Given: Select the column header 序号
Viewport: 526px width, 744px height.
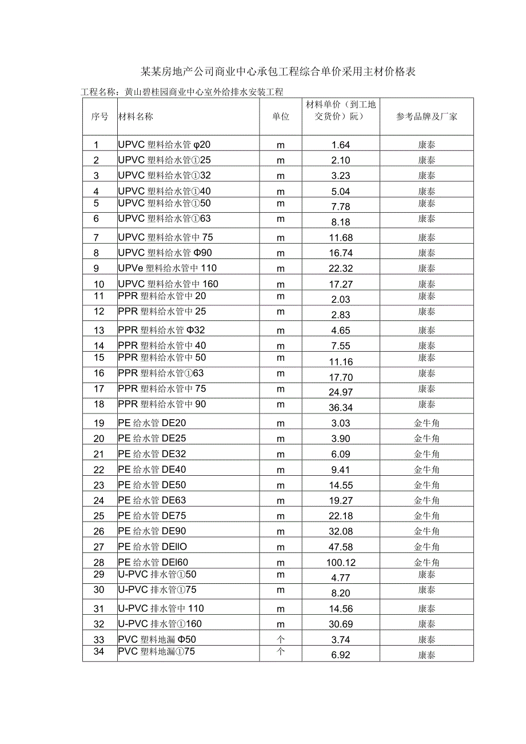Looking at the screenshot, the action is [99, 116].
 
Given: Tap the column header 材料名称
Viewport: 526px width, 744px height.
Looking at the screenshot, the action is [136, 116].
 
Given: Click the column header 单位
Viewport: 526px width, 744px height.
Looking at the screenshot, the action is [281, 116].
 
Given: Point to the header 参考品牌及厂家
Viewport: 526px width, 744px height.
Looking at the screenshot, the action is [427, 116].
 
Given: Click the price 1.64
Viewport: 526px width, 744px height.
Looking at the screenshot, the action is [341, 145].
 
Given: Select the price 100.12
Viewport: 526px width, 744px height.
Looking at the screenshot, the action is [341, 563].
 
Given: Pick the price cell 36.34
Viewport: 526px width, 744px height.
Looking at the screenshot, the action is [341, 408].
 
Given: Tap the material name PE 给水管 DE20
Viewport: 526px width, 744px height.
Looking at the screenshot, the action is [152, 423].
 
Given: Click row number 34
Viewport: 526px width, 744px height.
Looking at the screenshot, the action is [99, 651].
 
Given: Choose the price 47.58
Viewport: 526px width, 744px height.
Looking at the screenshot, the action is [341, 547].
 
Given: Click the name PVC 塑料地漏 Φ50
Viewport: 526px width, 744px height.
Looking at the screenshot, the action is [157, 639].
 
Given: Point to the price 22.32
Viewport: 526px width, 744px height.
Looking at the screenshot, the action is [341, 269].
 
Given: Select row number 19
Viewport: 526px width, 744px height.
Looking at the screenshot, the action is [99, 423].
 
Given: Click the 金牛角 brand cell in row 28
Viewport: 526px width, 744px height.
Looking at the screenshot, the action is [427, 563].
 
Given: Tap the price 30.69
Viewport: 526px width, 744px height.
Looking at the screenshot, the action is [341, 624].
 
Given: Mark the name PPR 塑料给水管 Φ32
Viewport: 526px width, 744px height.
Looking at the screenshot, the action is [161, 330].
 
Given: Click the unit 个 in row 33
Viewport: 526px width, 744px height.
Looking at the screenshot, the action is [281, 639].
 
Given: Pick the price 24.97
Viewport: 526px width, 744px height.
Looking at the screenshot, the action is [341, 392].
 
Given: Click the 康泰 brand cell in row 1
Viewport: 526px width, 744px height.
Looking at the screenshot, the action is [427, 145].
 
